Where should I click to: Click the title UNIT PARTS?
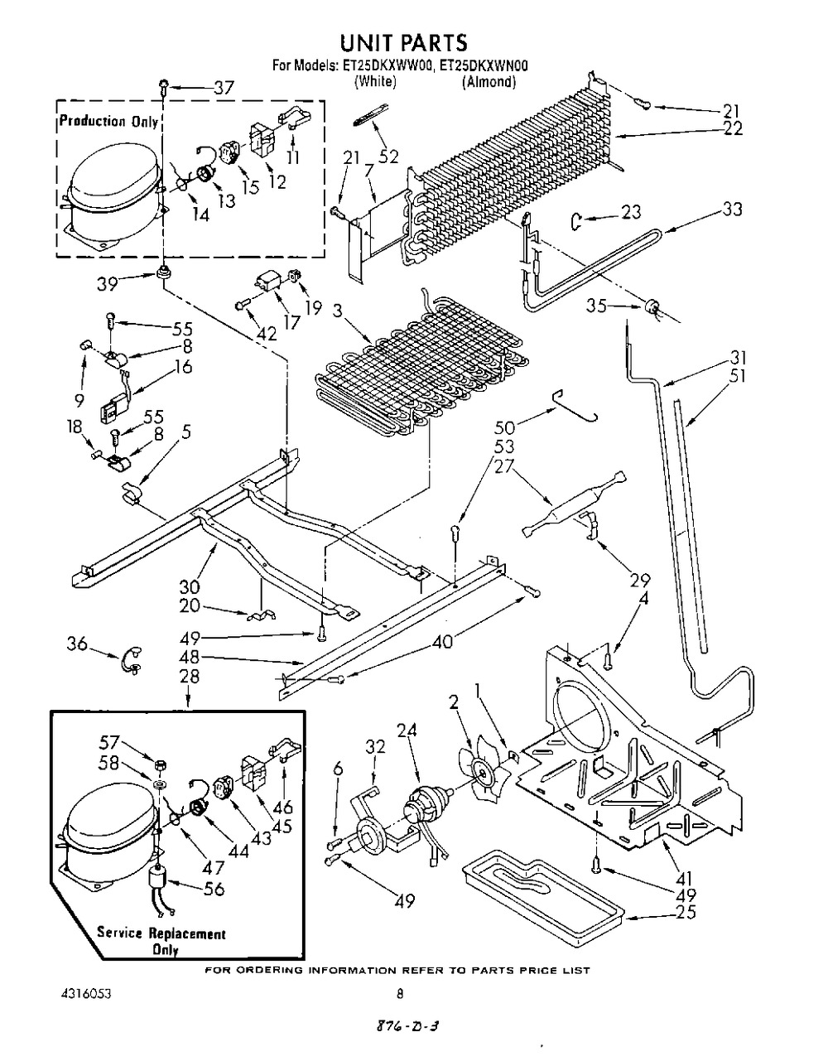(x=403, y=43)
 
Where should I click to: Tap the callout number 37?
(x=224, y=89)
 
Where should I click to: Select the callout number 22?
(x=732, y=128)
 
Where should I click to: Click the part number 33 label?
(x=732, y=210)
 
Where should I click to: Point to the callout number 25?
(x=686, y=912)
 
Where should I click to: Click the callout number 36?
(x=77, y=644)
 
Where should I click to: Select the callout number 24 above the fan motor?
(x=407, y=731)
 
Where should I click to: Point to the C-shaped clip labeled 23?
(x=576, y=222)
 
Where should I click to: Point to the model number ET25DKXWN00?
(x=480, y=65)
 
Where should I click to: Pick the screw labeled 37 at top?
(x=164, y=88)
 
